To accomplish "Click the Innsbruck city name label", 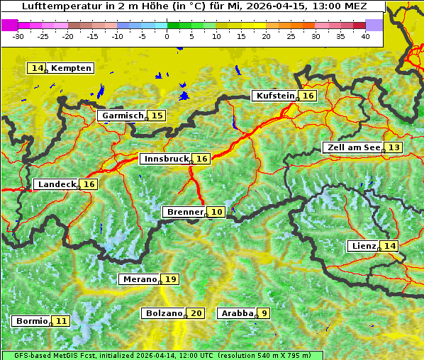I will pyautogui.click(x=166, y=159).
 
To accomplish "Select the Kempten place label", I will pyautogui.click(x=72, y=68).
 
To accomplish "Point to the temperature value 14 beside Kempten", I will pyautogui.click(x=38, y=68).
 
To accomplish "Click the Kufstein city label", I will pyautogui.click(x=275, y=96).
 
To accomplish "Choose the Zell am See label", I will pyautogui.click(x=352, y=147).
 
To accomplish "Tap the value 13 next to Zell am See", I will pyautogui.click(x=394, y=147).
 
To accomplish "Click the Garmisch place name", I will pyautogui.click(x=123, y=116).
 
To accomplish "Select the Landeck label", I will pyautogui.click(x=57, y=184).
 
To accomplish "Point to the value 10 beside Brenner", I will pyautogui.click(x=217, y=212).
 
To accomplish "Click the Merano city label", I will pyautogui.click(x=139, y=279).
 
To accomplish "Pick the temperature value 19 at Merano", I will pyautogui.click(x=171, y=279).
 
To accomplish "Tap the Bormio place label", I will pyautogui.click(x=32, y=321).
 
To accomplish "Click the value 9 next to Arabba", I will pyautogui.click(x=264, y=313).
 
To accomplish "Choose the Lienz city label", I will pyautogui.click(x=364, y=246).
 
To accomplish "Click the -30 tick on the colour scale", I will pyautogui.click(x=18, y=35).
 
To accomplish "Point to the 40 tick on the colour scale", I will pyautogui.click(x=365, y=35).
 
